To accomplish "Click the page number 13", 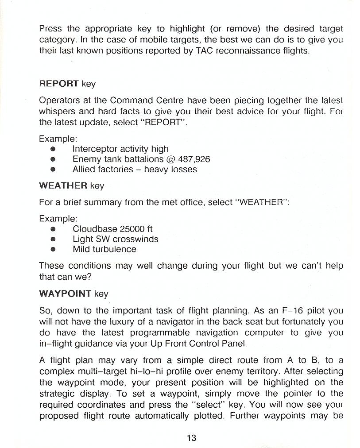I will pyautogui.click(x=191, y=438).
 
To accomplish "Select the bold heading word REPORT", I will pyautogui.click(x=59, y=84).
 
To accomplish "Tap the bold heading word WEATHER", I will pyautogui.click(x=63, y=186).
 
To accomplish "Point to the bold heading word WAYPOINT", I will pyautogui.click(x=65, y=294).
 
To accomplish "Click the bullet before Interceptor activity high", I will pyautogui.click(x=53, y=149).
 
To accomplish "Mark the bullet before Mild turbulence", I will pyautogui.click(x=53, y=249).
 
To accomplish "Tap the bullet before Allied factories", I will pyautogui.click(x=53, y=170).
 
